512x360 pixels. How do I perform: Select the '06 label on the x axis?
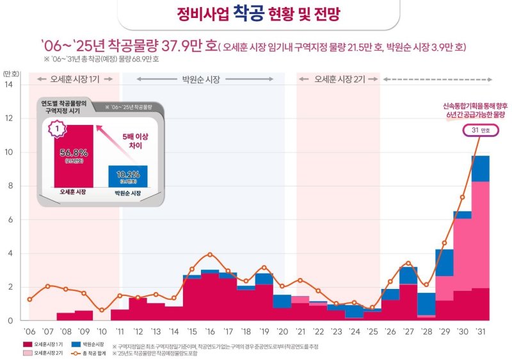(29, 331)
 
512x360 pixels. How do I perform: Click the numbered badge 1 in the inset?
(57, 130)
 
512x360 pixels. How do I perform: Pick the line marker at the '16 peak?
(210, 254)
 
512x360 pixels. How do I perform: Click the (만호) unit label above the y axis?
(11, 73)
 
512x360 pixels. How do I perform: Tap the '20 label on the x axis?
(282, 331)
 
